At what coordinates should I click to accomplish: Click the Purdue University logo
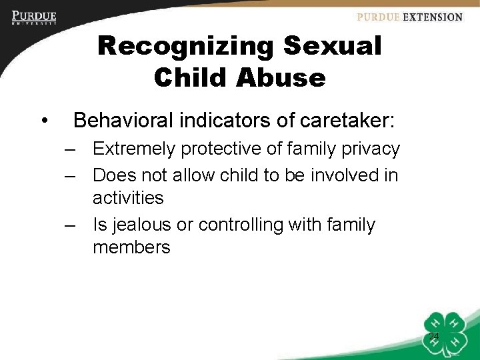click(34, 17)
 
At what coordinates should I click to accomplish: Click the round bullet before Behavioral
click(43, 121)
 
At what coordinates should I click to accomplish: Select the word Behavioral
click(126, 121)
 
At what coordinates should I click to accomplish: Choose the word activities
click(128, 198)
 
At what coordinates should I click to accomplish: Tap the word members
click(131, 248)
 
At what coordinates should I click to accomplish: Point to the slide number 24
click(433, 336)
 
